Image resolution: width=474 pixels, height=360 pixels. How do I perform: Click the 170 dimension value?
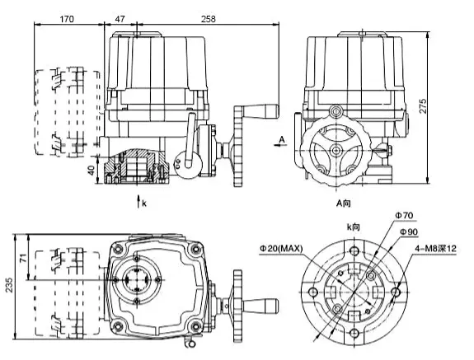click(67, 19)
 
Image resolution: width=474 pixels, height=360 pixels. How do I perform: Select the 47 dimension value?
click(120, 19)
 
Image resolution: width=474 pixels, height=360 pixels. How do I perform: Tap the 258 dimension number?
click(209, 19)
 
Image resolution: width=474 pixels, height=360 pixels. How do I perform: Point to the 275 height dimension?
click(423, 105)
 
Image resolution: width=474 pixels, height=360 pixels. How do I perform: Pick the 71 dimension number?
click(24, 258)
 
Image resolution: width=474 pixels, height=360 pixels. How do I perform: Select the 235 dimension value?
click(9, 285)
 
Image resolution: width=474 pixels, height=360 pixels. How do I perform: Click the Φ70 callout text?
click(404, 215)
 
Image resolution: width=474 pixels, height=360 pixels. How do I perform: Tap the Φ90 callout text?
click(409, 231)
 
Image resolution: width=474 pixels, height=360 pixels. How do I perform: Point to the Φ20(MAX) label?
click(281, 248)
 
